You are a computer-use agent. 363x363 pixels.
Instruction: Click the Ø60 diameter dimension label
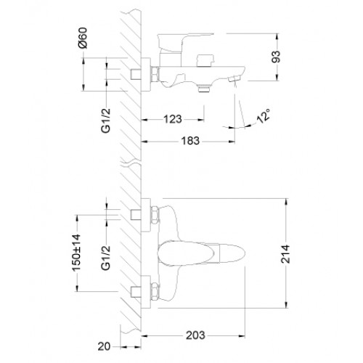point(83,38)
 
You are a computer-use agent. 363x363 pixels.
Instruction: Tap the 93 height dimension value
point(276,57)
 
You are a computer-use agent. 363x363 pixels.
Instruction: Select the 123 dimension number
point(173,119)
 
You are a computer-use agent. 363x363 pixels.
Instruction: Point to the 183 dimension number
point(190,141)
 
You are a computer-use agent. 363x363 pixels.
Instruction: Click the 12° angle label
point(264,116)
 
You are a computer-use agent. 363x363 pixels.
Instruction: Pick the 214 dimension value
point(285,254)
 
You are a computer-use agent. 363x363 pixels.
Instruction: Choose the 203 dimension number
point(195,335)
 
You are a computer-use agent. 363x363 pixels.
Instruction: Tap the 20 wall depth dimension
point(104,346)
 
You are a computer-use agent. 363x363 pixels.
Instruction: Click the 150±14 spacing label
point(76,253)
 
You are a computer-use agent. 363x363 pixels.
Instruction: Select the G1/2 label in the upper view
point(106,121)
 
